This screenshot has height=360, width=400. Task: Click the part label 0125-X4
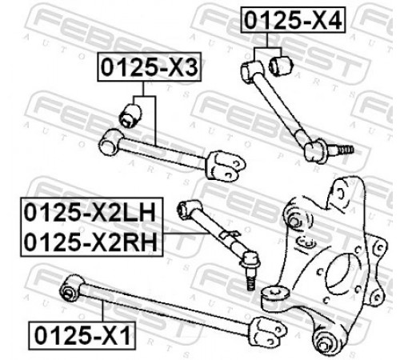293,21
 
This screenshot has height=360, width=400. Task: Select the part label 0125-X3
150,67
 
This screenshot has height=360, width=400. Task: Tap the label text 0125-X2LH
90,213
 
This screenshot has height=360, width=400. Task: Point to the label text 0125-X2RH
90,242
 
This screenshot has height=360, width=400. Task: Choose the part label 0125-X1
82,335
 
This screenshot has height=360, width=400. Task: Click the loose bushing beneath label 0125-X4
282,66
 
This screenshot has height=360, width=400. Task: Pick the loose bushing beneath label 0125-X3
130,116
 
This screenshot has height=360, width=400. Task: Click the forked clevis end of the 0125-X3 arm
226,166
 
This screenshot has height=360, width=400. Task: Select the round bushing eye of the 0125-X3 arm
110,142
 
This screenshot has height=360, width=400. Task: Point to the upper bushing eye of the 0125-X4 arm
251,70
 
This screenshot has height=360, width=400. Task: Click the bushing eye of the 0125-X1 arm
71,289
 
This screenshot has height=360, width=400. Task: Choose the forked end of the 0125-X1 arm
268,331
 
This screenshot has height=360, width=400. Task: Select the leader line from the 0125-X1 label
102,311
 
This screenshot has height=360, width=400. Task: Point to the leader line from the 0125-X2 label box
186,234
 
